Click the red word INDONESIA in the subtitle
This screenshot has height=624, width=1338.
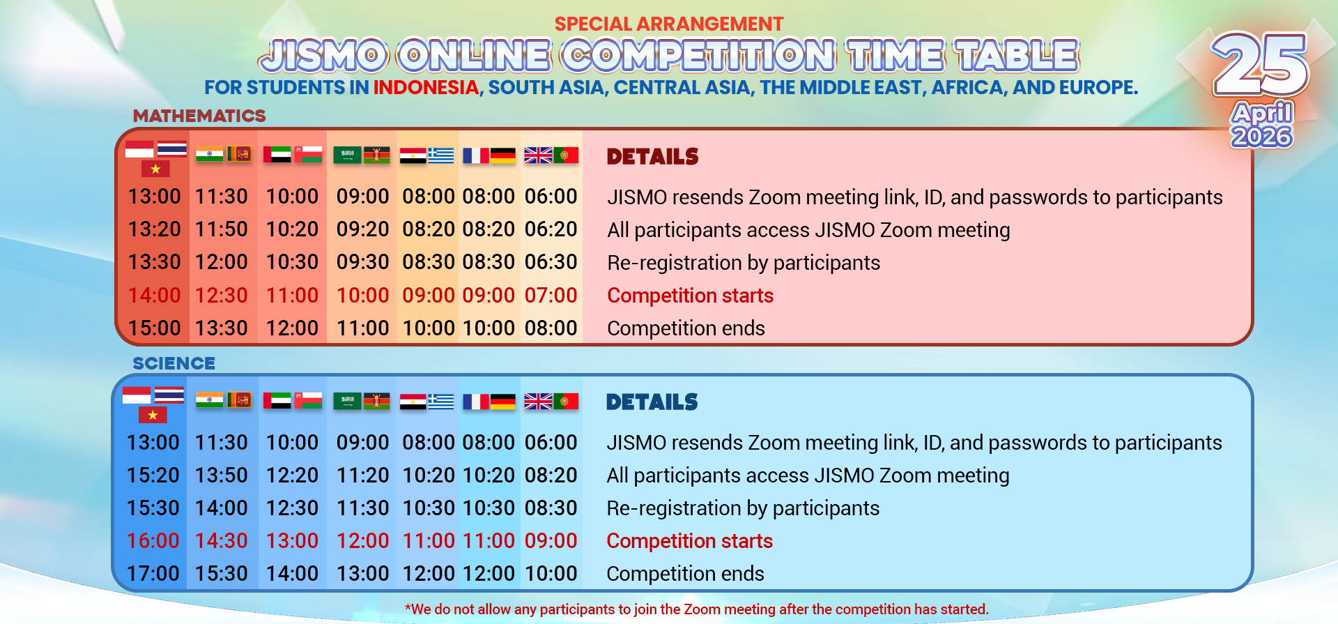point(426,88)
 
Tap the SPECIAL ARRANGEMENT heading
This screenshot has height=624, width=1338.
point(669,24)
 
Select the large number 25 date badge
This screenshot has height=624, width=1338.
point(1261,64)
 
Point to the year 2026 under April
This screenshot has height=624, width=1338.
point(1262,136)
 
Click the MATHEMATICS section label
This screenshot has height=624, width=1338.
point(199,116)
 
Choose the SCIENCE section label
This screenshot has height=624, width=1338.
point(174,363)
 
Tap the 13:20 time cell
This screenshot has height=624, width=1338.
point(155,229)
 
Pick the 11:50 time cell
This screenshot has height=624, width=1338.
point(222,229)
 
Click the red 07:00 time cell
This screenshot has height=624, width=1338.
point(551,296)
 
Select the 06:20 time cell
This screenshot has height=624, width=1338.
point(551,229)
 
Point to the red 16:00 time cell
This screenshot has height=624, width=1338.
point(153,541)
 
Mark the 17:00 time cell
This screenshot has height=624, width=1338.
point(153,574)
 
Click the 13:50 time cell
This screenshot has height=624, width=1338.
point(222,475)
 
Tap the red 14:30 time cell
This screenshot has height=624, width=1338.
point(222,541)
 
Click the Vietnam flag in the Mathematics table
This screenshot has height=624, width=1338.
point(155,169)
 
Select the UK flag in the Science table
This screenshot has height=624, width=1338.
point(538,402)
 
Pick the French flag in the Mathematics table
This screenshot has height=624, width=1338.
point(476,155)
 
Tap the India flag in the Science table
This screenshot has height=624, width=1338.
point(209,400)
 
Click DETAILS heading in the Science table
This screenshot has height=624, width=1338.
point(652,402)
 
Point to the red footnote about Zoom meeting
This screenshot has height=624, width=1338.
point(697,609)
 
